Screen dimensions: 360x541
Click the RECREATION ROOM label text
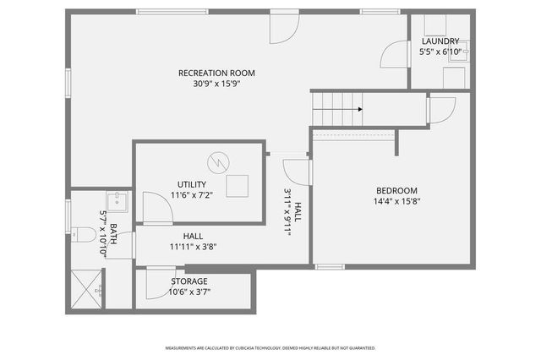[x=216, y=73]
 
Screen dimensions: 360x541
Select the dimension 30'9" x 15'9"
[x=216, y=84]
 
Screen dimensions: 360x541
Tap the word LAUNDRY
[x=440, y=41]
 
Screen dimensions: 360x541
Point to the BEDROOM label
[x=396, y=190]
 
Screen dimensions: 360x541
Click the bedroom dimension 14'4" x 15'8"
[x=396, y=201]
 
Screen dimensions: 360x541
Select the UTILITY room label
[x=191, y=184]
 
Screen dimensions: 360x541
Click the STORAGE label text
[x=189, y=281]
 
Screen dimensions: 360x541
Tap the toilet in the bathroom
[x=83, y=234]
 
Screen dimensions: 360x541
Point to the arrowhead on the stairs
[x=360, y=109]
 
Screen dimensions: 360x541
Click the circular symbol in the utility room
[x=219, y=161]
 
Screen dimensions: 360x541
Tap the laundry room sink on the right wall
[x=464, y=51]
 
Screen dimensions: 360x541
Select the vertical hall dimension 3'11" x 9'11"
[x=292, y=212]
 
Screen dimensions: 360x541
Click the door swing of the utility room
[x=156, y=210]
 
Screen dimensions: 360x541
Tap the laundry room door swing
[x=393, y=55]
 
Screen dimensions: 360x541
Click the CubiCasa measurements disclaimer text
[x=270, y=348]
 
